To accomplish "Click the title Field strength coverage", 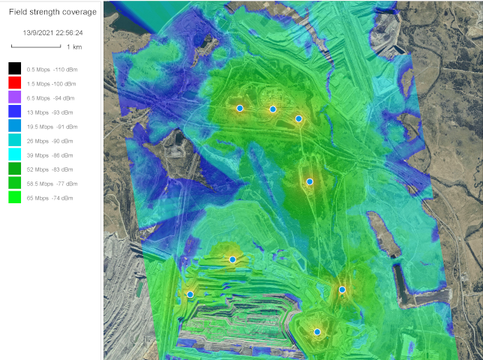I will coord(52,12).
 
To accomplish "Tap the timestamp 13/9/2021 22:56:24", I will coord(52,33).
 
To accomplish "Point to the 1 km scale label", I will coord(73,47).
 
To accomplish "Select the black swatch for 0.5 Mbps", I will coord(13,69).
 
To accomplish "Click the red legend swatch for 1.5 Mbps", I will coord(13,83).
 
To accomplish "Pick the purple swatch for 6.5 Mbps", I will coord(13,97).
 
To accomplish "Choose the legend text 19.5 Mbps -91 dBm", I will coord(49,127).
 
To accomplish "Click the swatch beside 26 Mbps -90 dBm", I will coord(13,141).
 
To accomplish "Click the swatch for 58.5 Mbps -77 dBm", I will coord(13,184).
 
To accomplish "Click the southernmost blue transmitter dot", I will coord(317,331).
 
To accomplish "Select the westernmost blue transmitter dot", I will coord(190,295).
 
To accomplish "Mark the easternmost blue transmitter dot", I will coord(342,289).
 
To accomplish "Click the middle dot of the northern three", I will coord(273,109).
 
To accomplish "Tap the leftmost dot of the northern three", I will coord(240,109).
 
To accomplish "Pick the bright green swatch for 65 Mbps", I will coord(13,198).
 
